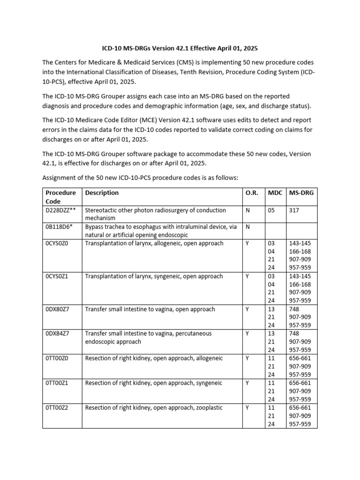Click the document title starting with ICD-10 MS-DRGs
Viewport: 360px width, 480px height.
[x=180, y=48]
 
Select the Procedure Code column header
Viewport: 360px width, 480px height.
[x=60, y=197]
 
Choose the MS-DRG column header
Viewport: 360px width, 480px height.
[x=301, y=193]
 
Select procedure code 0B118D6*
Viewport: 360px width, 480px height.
[x=59, y=227]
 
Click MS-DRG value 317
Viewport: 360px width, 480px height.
[x=294, y=210]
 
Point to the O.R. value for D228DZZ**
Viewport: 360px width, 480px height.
[x=247, y=210]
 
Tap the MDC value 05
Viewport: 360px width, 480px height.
[x=271, y=210]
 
